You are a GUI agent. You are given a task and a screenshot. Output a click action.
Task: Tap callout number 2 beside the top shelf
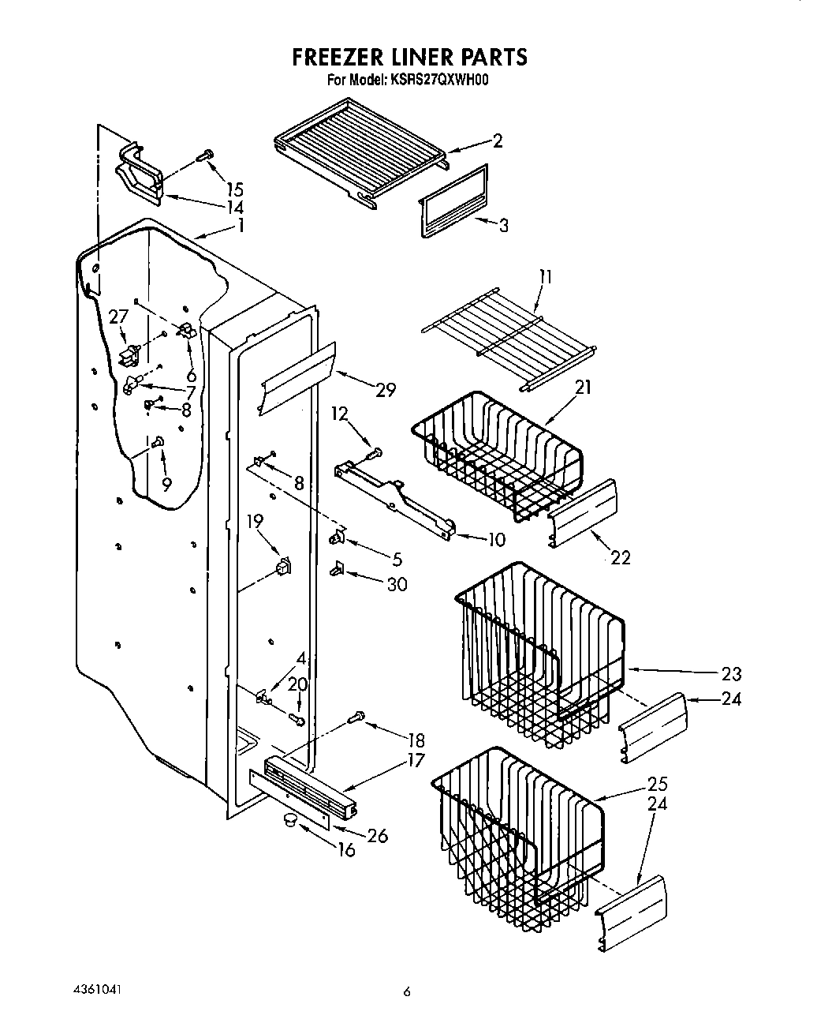tap(497, 140)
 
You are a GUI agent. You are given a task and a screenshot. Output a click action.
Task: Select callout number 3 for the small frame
tap(502, 225)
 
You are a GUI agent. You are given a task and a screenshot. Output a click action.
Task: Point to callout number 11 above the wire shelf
tap(545, 277)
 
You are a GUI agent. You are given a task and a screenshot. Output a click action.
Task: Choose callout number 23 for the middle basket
tap(731, 673)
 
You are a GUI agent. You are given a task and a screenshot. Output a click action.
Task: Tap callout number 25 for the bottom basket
tap(657, 784)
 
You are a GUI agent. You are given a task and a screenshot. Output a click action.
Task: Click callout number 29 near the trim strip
tap(385, 389)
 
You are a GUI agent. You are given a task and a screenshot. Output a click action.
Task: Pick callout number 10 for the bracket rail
tap(496, 541)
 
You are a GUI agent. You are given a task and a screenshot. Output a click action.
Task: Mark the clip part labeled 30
tap(338, 567)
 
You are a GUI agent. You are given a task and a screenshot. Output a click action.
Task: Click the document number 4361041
tap(95, 989)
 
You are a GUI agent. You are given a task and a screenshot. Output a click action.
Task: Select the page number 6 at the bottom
tap(407, 992)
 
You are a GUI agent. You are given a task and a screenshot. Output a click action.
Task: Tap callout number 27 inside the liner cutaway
tap(118, 317)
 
